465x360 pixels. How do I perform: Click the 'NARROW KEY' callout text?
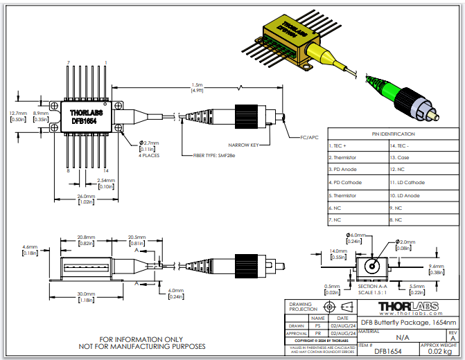[x=244, y=145]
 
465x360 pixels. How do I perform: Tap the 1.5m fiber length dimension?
[x=197, y=86]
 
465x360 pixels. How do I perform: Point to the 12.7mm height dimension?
[x=19, y=113]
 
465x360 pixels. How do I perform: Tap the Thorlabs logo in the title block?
[x=405, y=306]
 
